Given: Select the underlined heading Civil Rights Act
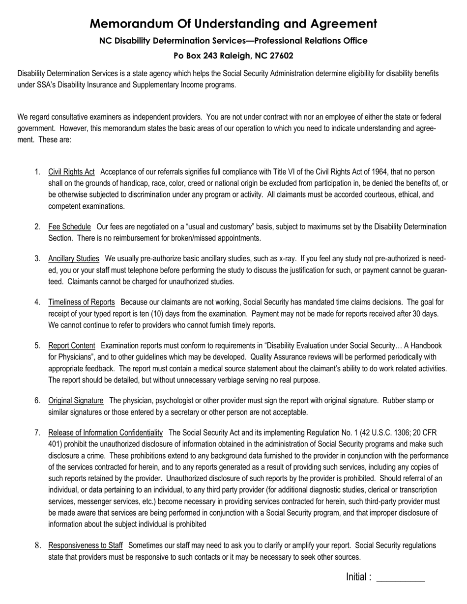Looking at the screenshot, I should point(71,172).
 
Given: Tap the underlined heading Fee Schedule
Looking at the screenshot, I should point(69,227).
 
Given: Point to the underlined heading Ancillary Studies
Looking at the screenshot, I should point(74,259).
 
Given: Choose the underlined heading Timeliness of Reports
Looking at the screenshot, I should point(82,302).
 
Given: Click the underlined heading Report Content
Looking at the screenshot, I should point(72,346).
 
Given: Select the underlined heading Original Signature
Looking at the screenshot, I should point(76,401).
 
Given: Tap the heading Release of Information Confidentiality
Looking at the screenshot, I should point(105,433).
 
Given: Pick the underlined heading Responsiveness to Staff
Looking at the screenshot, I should point(86,546).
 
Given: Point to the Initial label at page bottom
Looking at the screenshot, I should point(358,577).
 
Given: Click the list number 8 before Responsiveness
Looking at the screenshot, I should point(37,546).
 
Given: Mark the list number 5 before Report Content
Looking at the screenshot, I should point(37,346).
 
